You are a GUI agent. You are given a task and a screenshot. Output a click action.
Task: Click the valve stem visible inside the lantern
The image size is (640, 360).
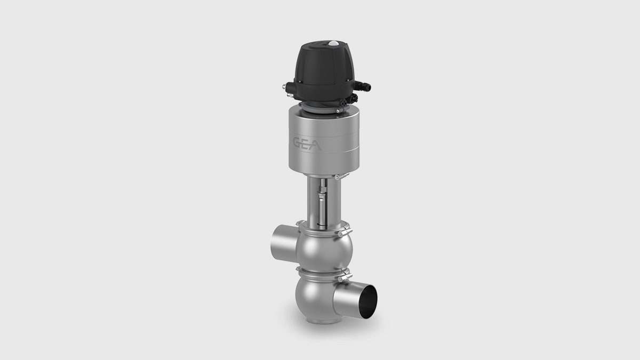tap(322, 203)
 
